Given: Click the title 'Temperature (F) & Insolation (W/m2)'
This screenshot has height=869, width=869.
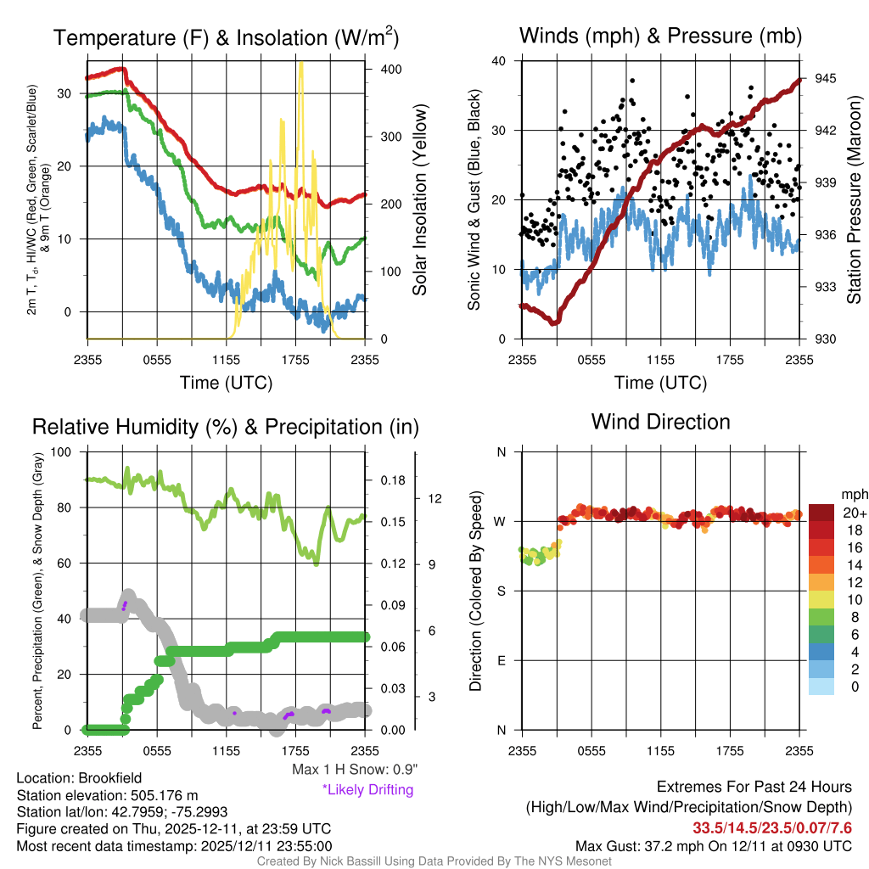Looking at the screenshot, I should (226, 38).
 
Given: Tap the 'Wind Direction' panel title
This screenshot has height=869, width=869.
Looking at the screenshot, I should (660, 422).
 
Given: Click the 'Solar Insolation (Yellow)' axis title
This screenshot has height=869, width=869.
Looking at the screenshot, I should (419, 200).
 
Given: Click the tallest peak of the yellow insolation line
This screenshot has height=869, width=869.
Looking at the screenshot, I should (300, 64).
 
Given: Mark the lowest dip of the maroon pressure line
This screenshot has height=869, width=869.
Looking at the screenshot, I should (554, 322).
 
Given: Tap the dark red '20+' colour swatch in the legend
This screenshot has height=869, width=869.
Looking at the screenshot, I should (822, 513).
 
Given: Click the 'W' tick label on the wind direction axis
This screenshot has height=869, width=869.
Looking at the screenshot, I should (502, 521).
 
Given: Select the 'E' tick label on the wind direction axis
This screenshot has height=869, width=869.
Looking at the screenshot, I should (502, 660).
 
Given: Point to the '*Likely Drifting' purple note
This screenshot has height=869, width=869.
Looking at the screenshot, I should (367, 790).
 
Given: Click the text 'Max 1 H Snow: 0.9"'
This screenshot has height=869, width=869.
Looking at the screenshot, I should (355, 770).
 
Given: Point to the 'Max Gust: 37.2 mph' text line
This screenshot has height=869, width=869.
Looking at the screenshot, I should (713, 846).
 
